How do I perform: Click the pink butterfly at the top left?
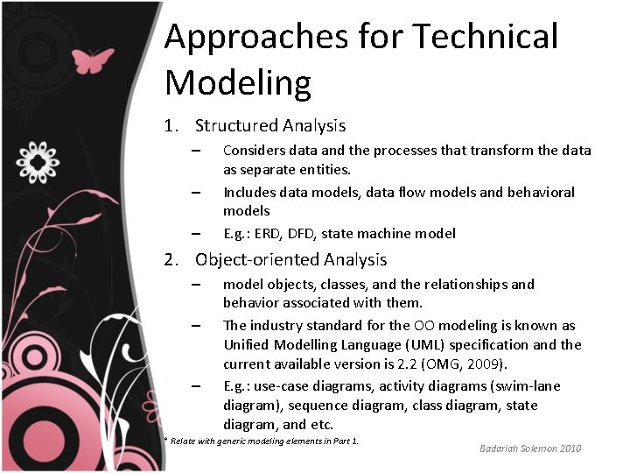pos(94,60)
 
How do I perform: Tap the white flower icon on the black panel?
pos(38,161)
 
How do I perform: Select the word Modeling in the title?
pos(238,83)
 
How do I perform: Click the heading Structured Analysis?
pos(270,126)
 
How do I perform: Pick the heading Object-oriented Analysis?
pos(290,260)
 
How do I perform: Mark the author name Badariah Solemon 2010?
pos(530,448)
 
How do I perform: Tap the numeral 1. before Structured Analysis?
pos(171,126)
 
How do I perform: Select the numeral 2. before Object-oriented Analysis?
pos(172,260)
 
